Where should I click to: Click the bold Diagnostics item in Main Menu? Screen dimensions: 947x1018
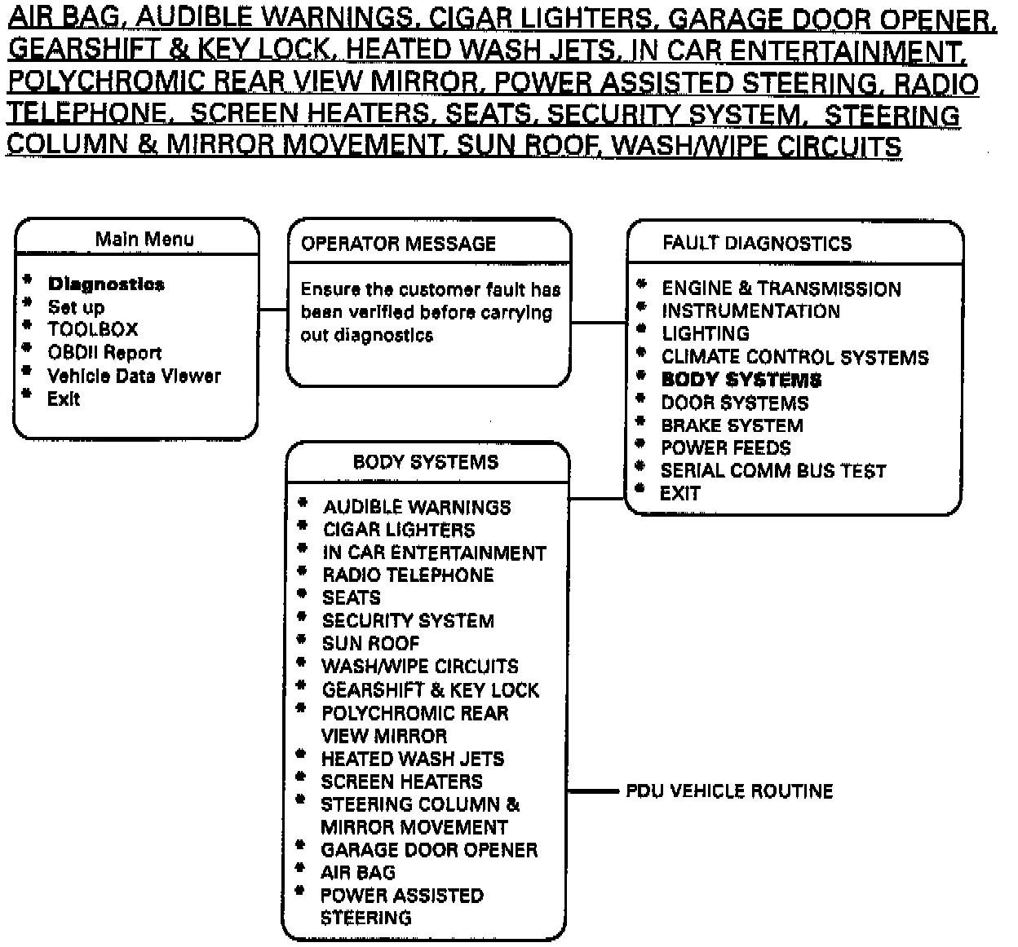[x=106, y=284]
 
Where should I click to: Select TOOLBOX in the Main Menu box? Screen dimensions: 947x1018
[x=93, y=330]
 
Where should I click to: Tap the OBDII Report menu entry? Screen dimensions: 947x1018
[x=104, y=353]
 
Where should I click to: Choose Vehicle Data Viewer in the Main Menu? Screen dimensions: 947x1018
[x=134, y=376]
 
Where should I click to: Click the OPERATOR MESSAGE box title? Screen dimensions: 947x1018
[x=398, y=244]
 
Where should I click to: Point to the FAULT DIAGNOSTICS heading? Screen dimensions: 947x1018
[x=756, y=243]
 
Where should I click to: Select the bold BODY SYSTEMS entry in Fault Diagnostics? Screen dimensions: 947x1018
[x=741, y=380]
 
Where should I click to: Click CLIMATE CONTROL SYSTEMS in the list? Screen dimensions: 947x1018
[x=794, y=357]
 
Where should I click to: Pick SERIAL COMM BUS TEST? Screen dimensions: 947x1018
[x=772, y=470]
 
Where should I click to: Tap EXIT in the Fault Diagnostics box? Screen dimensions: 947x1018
[x=679, y=493]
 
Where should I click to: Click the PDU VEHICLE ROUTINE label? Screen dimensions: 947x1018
[x=729, y=791]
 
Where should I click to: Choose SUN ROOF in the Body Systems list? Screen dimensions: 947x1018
[x=370, y=643]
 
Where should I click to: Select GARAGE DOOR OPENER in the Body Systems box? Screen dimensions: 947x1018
[x=429, y=850]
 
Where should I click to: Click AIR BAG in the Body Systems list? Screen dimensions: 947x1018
[x=358, y=872]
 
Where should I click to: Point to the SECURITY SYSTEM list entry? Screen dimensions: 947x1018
[x=408, y=620]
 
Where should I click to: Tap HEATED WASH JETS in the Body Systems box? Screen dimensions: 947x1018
[x=412, y=759]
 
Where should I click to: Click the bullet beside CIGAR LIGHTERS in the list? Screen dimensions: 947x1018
[x=303, y=527]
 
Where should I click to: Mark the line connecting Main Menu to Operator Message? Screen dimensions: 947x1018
[x=273, y=310]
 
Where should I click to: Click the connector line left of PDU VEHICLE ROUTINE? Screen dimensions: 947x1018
[x=593, y=791]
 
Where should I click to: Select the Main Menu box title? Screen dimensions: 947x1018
[x=144, y=239]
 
